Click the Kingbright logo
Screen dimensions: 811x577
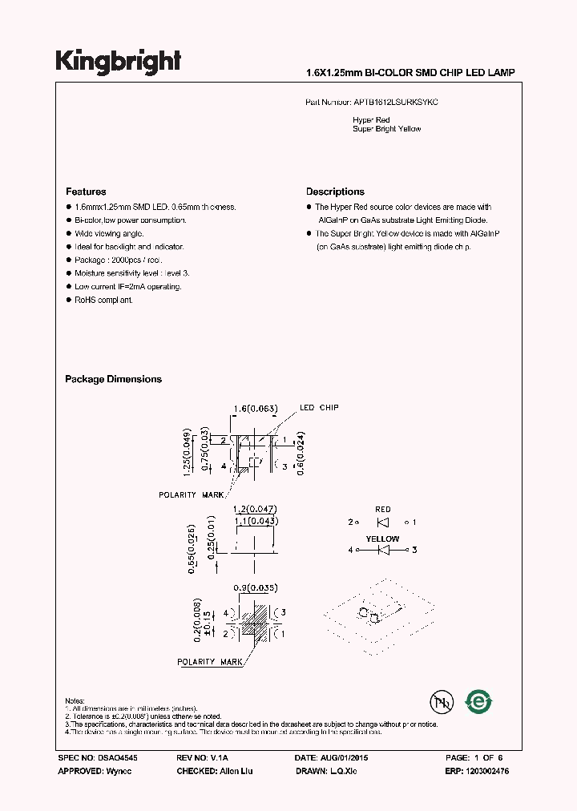[118, 62]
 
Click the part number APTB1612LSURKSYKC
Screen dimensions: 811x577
[396, 103]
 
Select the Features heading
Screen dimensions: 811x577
[86, 192]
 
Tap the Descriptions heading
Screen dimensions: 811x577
[335, 192]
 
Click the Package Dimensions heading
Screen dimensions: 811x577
[113, 379]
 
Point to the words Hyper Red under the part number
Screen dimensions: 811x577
[371, 119]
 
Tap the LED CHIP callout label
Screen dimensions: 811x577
[319, 408]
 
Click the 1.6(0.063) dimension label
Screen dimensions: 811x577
[255, 409]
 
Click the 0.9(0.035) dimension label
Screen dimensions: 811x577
[254, 587]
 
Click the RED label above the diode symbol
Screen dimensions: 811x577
[383, 509]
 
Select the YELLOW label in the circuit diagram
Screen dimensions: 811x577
[382, 539]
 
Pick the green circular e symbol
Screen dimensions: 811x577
[479, 701]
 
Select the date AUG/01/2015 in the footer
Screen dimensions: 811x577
[343, 757]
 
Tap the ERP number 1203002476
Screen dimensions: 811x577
[483, 771]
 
